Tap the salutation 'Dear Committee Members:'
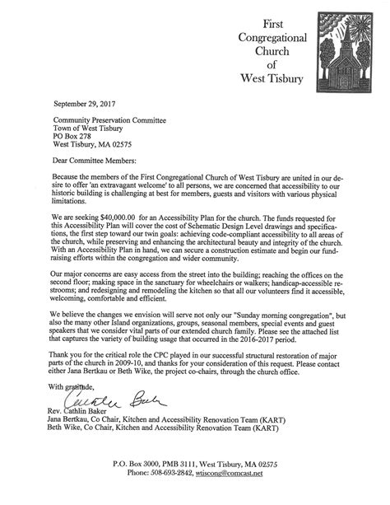coord(93,161)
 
